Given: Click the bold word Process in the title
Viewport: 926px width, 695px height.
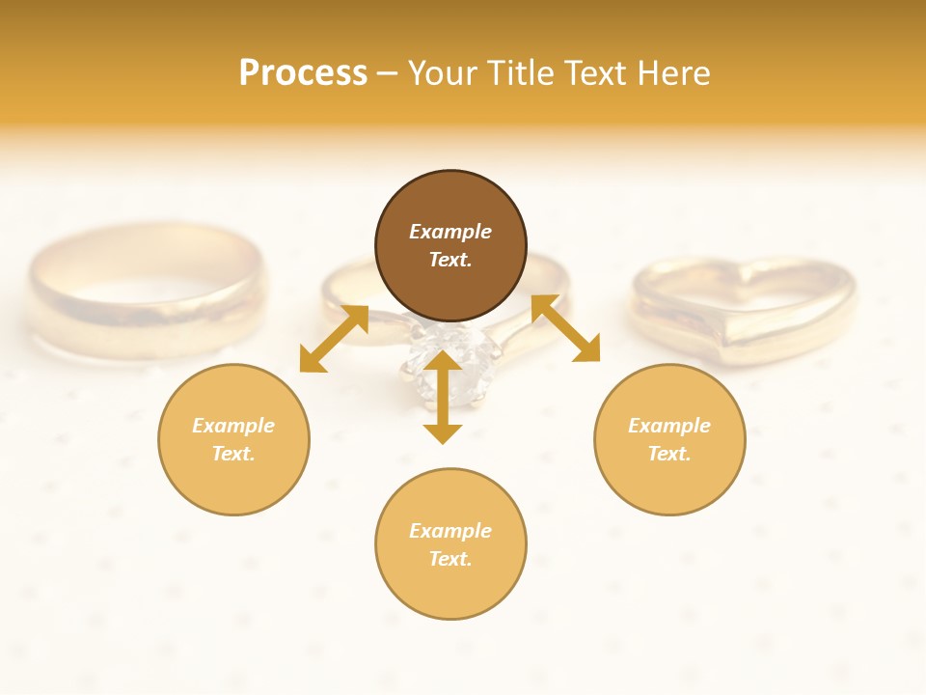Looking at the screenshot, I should (x=303, y=73).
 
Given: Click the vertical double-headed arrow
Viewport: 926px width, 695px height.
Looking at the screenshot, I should (x=443, y=398).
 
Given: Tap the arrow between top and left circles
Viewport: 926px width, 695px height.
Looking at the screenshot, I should (x=334, y=338).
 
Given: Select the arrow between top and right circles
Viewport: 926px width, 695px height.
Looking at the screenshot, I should (x=565, y=328).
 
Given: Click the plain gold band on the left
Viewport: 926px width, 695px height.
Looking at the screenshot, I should (x=145, y=290).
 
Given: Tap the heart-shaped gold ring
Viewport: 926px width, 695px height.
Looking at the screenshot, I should (x=743, y=309).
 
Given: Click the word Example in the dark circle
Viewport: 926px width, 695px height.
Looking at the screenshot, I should (x=450, y=232).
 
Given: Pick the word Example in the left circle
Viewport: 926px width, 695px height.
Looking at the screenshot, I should (x=233, y=426).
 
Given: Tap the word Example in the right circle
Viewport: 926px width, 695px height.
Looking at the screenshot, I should (x=669, y=426).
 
